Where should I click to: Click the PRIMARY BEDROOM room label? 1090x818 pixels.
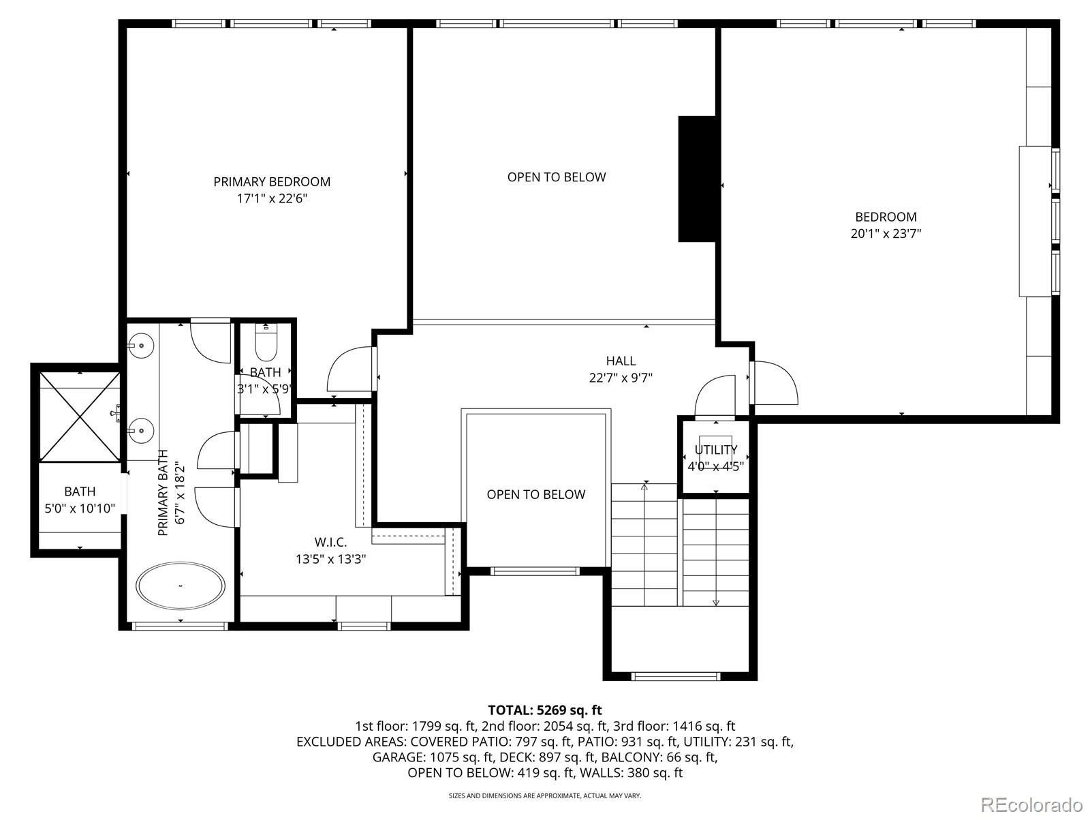[x=272, y=182]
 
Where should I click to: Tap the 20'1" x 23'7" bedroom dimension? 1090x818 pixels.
[x=886, y=233]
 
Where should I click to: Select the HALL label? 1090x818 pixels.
[x=621, y=361]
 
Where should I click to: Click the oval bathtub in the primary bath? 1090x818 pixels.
[x=181, y=586]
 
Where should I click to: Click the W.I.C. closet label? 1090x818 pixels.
[x=330, y=543]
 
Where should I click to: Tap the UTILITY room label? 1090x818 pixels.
[x=715, y=450]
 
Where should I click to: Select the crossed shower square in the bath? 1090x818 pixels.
[x=80, y=416]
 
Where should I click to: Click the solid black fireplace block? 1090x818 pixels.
[x=697, y=179]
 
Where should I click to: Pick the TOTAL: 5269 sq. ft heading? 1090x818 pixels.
[x=545, y=710]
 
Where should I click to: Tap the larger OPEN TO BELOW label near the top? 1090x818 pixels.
[x=556, y=177]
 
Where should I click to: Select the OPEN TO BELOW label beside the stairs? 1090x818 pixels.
[x=536, y=495]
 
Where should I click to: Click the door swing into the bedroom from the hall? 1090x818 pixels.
[x=775, y=382]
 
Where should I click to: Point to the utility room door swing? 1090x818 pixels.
[x=714, y=395]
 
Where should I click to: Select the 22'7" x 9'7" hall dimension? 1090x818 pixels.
[x=621, y=378]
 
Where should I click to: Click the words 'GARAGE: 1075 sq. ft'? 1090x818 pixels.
[x=433, y=757]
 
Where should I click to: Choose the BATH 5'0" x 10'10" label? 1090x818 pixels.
[x=80, y=500]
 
